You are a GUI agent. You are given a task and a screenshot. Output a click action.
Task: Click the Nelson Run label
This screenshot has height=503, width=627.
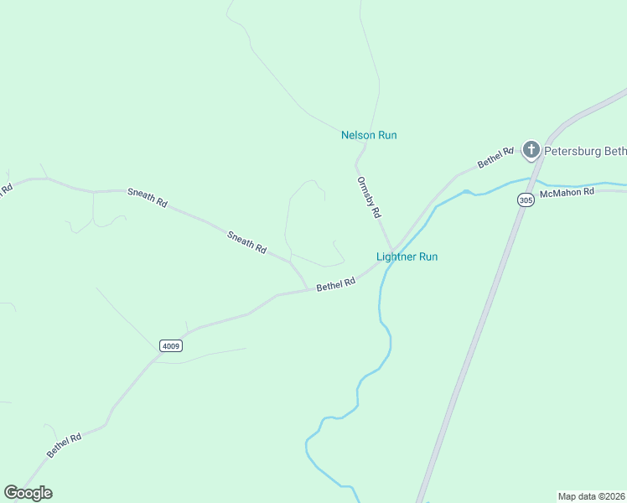(x=369, y=135)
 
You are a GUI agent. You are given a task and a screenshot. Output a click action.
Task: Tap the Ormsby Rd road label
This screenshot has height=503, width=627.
(x=369, y=197)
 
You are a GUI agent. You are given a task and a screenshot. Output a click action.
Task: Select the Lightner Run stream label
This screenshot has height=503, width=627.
(x=407, y=257)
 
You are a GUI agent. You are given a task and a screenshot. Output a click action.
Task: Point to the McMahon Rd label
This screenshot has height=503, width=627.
(x=567, y=192)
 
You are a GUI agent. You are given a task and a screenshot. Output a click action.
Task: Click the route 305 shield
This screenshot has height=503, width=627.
(x=526, y=200)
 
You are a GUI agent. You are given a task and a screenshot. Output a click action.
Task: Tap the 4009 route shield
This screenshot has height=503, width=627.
(x=170, y=345)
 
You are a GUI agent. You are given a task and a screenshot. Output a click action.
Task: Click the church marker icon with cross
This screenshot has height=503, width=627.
(x=531, y=150)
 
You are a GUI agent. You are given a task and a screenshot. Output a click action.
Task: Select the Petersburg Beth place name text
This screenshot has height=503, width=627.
(x=585, y=152)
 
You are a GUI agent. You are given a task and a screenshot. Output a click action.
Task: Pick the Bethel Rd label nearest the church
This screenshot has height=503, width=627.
(x=495, y=158)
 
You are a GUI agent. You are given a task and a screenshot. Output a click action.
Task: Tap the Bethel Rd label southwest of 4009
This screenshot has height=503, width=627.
(x=64, y=444)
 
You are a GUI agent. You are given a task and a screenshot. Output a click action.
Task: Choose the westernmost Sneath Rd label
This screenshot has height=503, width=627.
(x=148, y=197)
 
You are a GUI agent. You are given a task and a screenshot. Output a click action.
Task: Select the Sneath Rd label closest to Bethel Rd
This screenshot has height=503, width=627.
(x=246, y=242)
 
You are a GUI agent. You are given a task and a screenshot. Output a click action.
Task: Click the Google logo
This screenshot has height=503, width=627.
(x=28, y=493)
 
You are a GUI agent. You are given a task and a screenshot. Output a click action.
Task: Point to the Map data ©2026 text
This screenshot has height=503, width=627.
(x=591, y=495)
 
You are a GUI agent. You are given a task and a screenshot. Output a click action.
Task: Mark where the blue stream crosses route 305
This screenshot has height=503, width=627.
(x=530, y=179)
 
